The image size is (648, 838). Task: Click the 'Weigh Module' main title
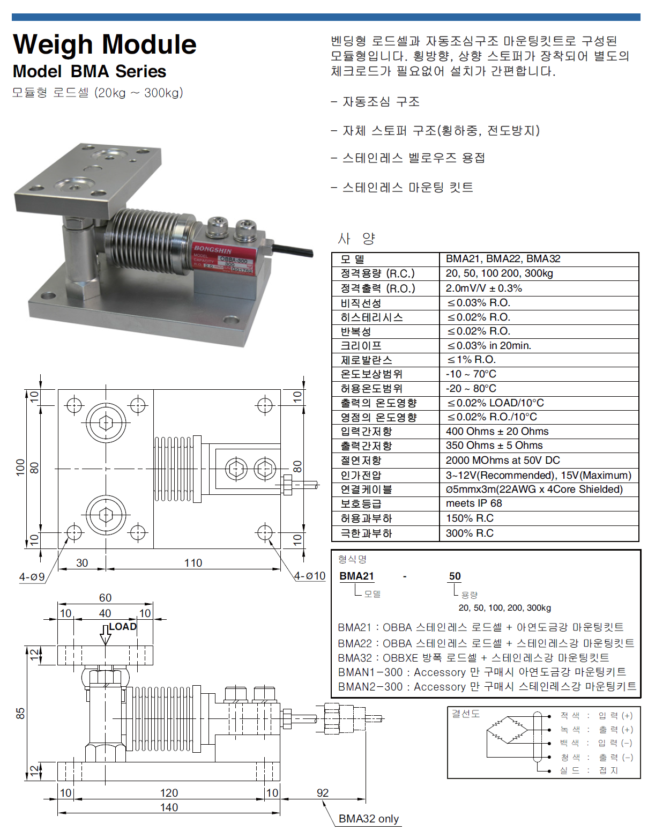[105, 45]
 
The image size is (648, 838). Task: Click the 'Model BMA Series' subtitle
[90, 71]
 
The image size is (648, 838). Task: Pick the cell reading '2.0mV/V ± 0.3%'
[483, 288]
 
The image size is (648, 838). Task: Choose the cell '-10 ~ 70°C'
[471, 374]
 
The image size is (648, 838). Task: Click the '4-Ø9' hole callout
[32, 577]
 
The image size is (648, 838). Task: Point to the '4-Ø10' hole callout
[310, 576]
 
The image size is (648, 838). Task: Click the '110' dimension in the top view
[193, 563]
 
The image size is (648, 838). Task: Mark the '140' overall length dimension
[169, 807]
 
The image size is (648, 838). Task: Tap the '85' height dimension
[20, 713]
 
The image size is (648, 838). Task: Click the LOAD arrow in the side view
[106, 634]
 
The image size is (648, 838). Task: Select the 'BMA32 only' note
[368, 819]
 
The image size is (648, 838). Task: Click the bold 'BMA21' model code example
[356, 576]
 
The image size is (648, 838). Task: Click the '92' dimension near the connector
[323, 792]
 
